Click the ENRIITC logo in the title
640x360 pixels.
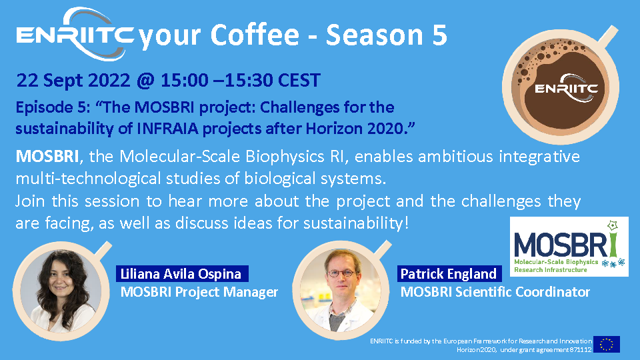75,34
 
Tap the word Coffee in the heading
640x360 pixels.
255,35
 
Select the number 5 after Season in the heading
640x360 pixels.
439,35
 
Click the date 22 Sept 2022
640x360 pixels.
73,80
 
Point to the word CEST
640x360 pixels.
299,80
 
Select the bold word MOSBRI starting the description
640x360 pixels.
47,156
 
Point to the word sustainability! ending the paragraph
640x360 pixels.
356,223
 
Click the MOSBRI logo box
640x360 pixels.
569,247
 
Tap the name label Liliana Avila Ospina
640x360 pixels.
182,273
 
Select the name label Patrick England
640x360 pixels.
449,273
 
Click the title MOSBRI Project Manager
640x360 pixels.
199,292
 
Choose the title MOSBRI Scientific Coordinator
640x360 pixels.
495,292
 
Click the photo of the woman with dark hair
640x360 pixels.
61,290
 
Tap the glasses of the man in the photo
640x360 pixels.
341,274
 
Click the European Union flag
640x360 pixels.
607,344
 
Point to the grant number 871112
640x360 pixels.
581,350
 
